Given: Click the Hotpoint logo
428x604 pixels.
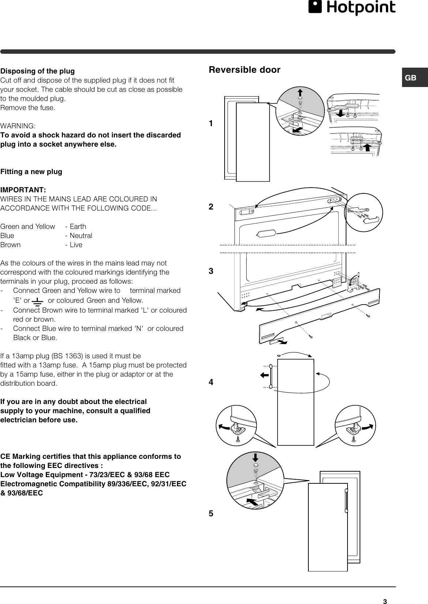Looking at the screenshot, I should (352, 8).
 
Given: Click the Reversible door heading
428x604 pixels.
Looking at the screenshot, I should (244, 70).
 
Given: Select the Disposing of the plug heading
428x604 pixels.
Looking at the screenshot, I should (37, 71).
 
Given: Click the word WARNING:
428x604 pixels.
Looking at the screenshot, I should (18, 126).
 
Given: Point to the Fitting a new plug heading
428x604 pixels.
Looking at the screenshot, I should (31, 171).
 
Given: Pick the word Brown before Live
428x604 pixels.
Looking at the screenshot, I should (11, 245).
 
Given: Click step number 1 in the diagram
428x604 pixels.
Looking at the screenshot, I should (211, 124).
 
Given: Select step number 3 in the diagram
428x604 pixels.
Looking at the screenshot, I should (211, 271).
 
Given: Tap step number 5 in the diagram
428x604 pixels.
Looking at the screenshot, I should (211, 513).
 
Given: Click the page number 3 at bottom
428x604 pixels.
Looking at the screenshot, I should (384, 601).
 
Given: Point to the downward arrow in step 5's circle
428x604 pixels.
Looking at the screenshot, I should (255, 457).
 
